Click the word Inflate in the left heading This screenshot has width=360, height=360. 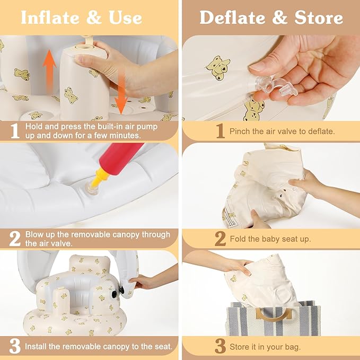click(x=50, y=17)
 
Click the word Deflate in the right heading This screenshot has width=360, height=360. click(x=232, y=17)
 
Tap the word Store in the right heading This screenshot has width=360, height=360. click(x=319, y=17)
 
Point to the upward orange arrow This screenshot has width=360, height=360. click(x=50, y=71)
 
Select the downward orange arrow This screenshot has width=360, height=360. click(x=121, y=92)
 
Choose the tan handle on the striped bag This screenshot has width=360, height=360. click(x=274, y=314)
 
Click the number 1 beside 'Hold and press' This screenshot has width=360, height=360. click(x=15, y=131)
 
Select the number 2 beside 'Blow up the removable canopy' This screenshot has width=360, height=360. click(x=15, y=239)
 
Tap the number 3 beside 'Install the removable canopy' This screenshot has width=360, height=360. click(x=15, y=346)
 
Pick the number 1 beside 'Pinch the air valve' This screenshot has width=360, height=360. click(x=221, y=131)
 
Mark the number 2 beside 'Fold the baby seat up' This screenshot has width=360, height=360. click(x=221, y=239)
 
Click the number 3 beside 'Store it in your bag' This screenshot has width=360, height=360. click(x=221, y=346)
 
